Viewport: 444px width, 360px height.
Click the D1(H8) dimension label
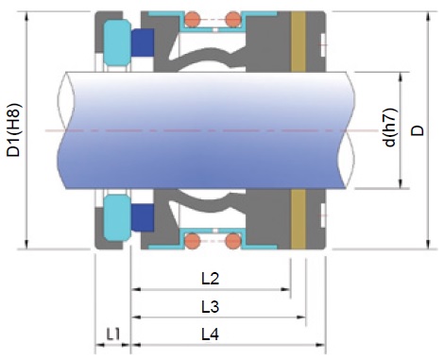(14, 130)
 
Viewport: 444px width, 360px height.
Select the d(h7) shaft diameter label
(390, 128)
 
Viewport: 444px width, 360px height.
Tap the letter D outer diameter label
(418, 130)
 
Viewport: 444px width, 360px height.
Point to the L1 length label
(113, 334)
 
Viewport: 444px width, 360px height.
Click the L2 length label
(210, 279)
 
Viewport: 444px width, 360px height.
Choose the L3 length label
(210, 306)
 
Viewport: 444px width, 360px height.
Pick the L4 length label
(210, 334)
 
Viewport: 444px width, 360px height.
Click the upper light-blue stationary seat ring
(117, 43)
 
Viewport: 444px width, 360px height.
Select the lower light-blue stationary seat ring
(117, 218)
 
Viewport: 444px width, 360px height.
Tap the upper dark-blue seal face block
(143, 43)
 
